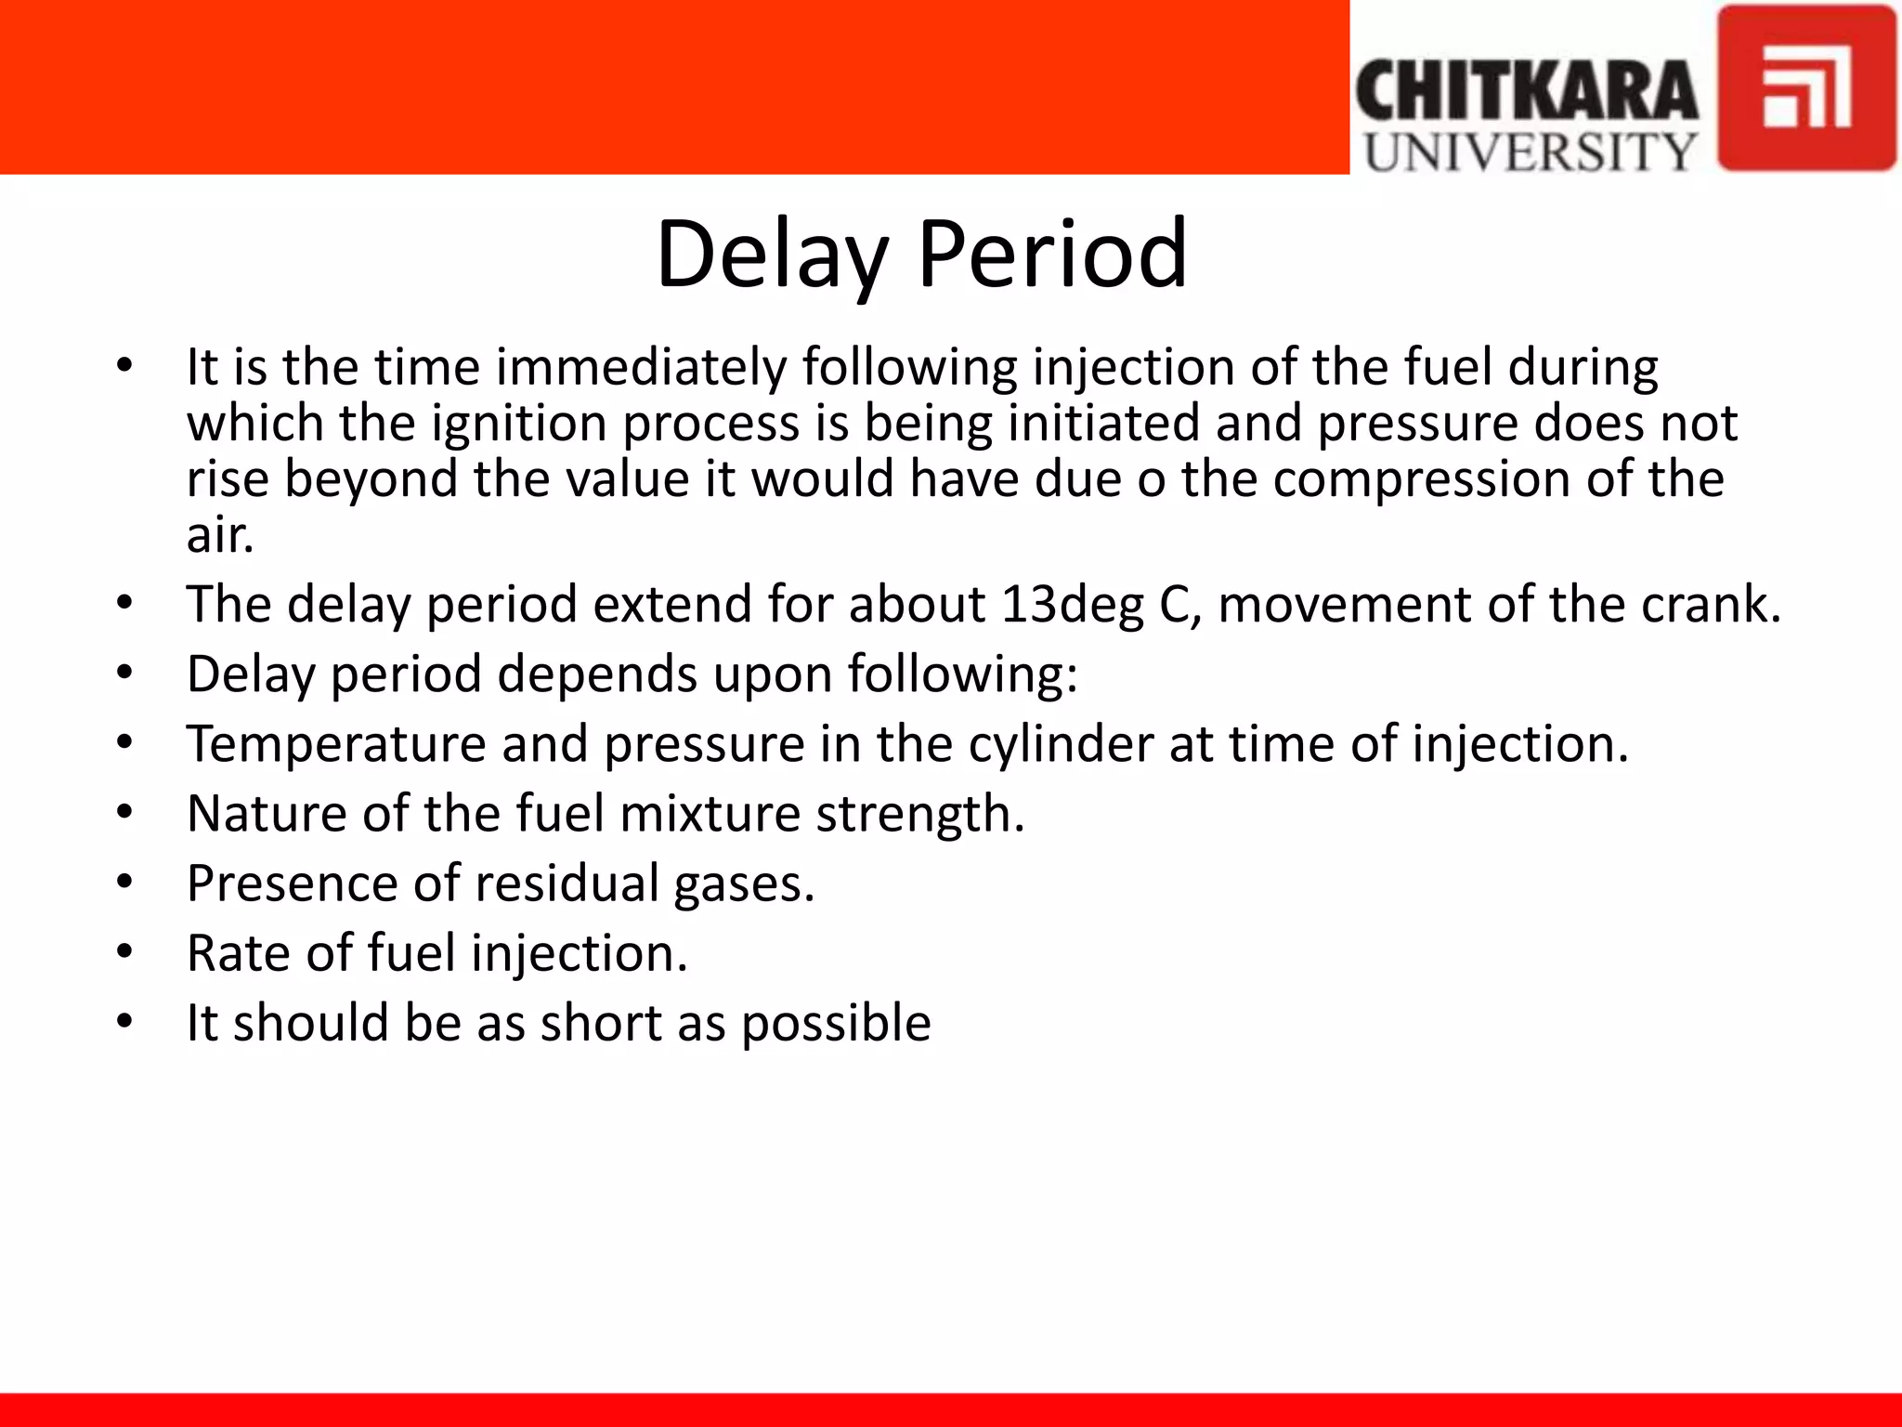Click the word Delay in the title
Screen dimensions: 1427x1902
tap(771, 254)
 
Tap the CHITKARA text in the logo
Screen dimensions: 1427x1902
tap(1527, 90)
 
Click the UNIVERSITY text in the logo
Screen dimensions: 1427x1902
tap(1530, 151)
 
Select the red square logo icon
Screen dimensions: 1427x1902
tap(1805, 88)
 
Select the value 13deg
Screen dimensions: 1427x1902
tap(1072, 605)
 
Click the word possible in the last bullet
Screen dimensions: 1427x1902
tap(835, 1024)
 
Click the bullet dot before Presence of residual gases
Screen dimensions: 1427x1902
tap(125, 883)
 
